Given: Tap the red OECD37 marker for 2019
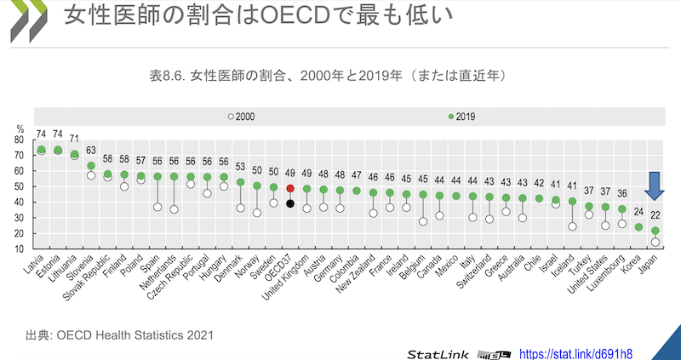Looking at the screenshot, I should [290, 188].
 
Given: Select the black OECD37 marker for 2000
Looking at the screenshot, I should [290, 203].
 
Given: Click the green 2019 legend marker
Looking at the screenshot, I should [450, 117].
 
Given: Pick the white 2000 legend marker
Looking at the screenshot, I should [229, 117].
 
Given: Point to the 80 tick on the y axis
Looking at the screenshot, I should [20, 140].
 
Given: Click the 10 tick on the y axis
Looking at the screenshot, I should [20, 249].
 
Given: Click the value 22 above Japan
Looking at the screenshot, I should [655, 216].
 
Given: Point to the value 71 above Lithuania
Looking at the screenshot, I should [75, 139].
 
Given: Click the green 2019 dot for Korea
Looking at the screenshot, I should [638, 227].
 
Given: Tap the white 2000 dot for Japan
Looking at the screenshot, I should [655, 243].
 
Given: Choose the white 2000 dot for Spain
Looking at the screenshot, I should [157, 208].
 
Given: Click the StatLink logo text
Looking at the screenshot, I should [437, 351].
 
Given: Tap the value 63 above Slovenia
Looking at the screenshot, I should [91, 151].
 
